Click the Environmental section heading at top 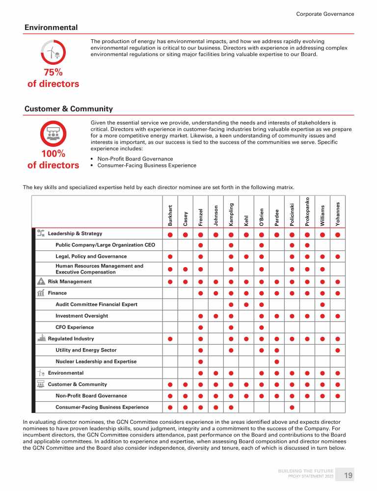[x=51, y=27]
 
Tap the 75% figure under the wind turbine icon [x=53, y=72]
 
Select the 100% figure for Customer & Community [x=53, y=154]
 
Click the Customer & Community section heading [x=68, y=109]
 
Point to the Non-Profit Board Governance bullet [x=135, y=159]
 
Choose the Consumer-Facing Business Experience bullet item [x=147, y=165]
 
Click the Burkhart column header [x=170, y=216]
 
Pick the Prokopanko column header [x=307, y=212]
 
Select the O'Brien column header [x=261, y=218]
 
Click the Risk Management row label [x=70, y=282]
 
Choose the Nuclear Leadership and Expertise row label [x=96, y=362]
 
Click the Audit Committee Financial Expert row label [x=96, y=304]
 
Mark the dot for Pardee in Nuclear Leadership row [x=276, y=362]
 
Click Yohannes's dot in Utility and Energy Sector [x=337, y=350]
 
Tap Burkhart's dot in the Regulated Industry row [x=170, y=339]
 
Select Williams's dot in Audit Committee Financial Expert [x=322, y=305]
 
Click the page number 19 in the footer [x=348, y=475]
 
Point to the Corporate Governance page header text [x=325, y=14]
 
